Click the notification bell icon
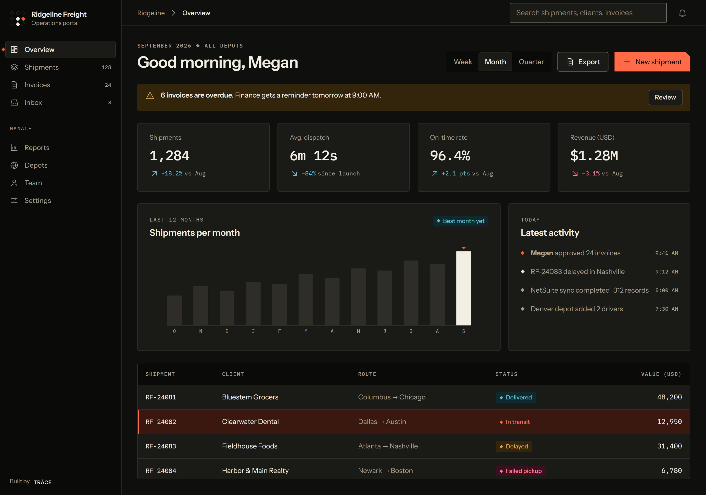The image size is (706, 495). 682,13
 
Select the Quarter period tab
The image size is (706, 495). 531,62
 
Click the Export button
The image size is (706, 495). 583,62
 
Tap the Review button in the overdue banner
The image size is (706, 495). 665,98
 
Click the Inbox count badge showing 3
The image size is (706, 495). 110,103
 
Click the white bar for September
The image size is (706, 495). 463,288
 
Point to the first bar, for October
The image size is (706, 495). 174,310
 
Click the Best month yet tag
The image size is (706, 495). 460,221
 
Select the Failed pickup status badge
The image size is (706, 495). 520,471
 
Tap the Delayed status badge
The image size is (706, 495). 514,446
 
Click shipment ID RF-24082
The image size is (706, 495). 161,422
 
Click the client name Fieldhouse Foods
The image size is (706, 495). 250,446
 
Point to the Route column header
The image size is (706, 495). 367,374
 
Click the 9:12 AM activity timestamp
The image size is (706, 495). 666,272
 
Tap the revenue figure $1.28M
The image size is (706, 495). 594,156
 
